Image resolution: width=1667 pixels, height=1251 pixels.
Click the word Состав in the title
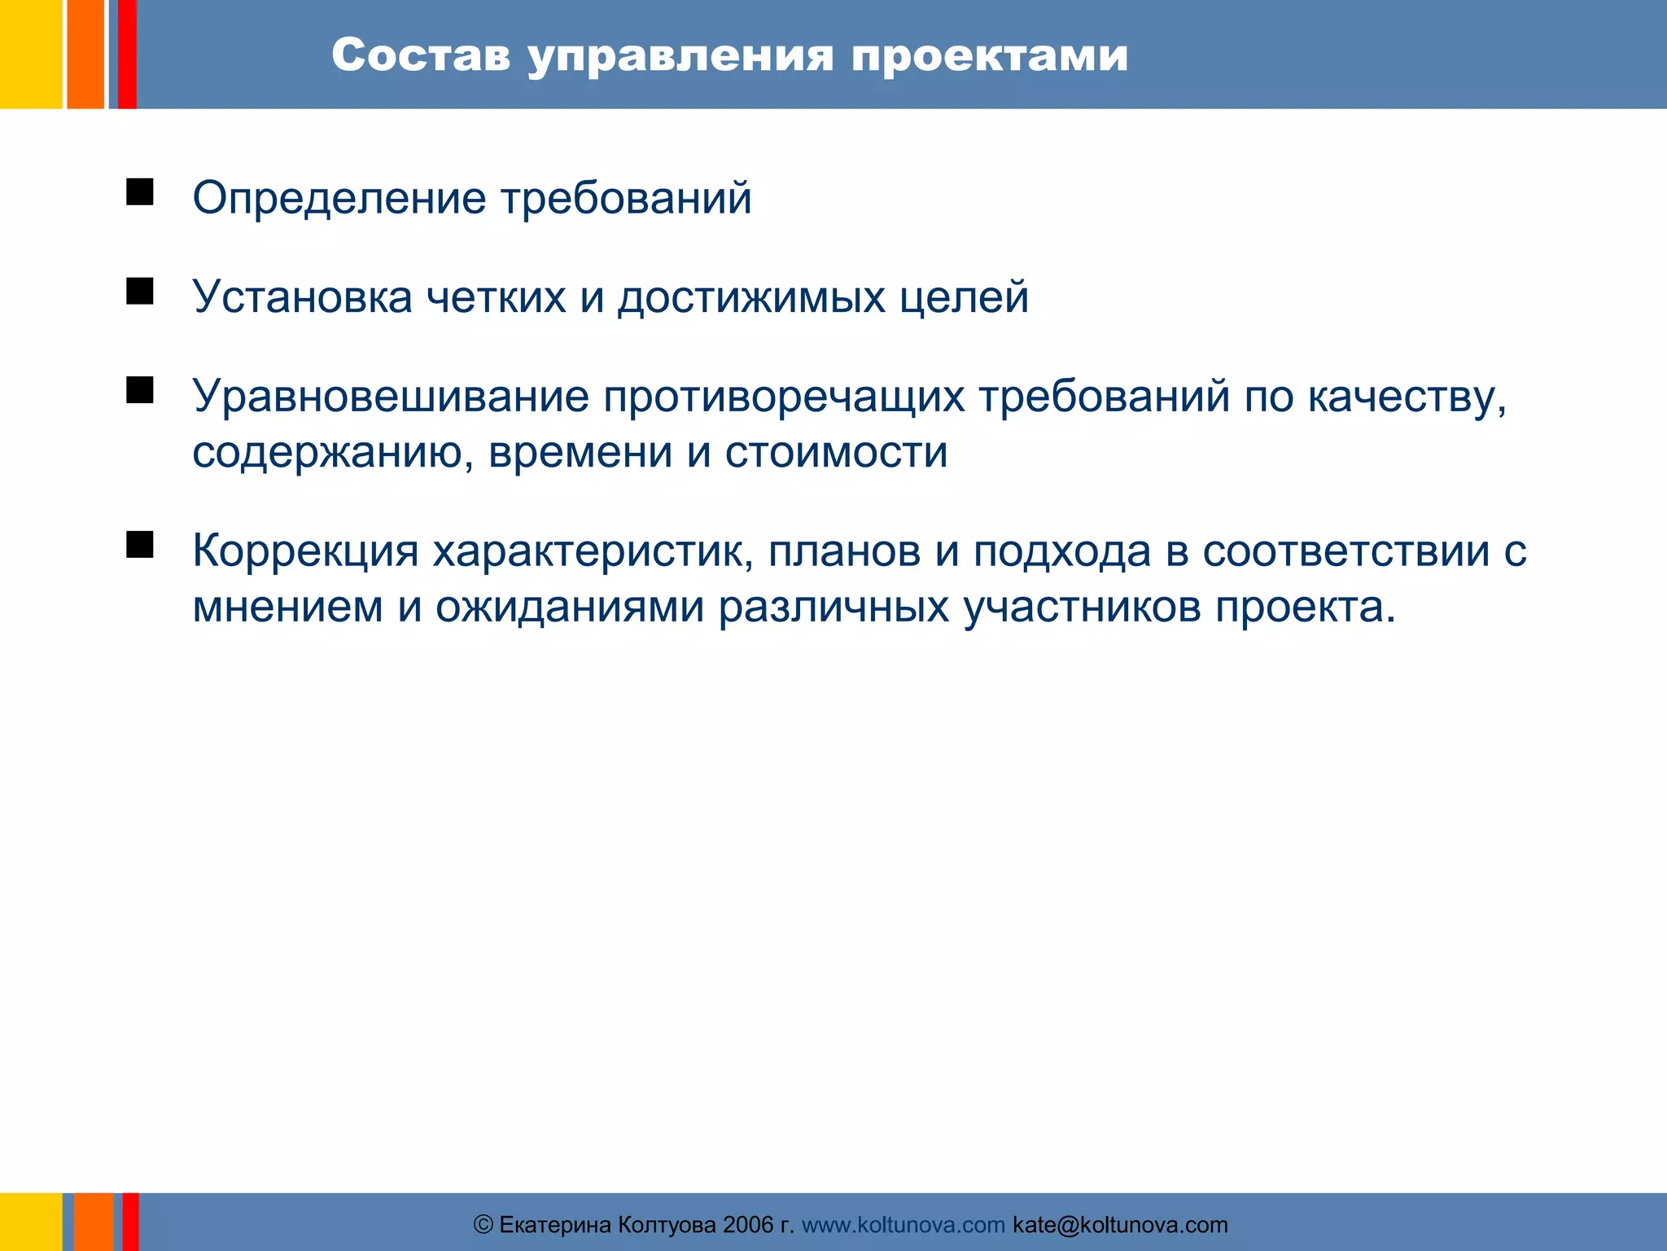[x=421, y=55]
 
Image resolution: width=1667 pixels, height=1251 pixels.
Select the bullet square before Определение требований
[x=140, y=192]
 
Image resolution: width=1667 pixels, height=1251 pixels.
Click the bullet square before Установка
[x=140, y=291]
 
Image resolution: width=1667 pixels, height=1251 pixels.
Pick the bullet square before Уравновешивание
[x=140, y=390]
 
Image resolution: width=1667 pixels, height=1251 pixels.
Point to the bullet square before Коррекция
[x=140, y=544]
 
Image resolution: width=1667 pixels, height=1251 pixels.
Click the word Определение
[x=339, y=199]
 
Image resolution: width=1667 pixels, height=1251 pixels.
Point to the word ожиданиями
[x=570, y=608]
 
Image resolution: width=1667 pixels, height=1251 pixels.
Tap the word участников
[x=1083, y=608]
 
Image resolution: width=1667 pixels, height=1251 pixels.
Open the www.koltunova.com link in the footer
[x=903, y=1225]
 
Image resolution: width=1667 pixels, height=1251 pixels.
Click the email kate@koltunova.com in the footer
[x=1119, y=1225]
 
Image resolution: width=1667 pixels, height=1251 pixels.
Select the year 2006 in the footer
[x=747, y=1225]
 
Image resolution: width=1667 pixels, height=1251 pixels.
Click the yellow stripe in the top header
[x=30, y=54]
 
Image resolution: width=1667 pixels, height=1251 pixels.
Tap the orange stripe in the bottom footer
[x=93, y=1222]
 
